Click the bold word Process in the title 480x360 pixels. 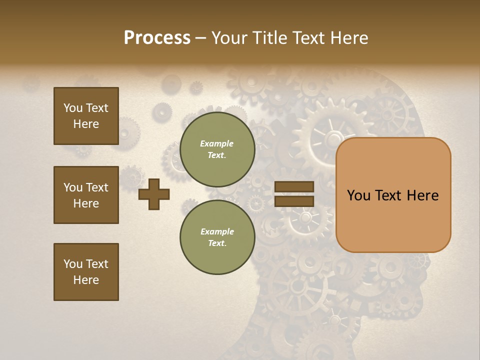tap(157, 38)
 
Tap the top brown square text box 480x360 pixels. tap(86, 116)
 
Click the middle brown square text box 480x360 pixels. tap(86, 195)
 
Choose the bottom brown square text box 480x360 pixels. tap(86, 272)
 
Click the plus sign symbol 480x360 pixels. tap(154, 194)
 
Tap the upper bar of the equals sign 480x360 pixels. tap(294, 187)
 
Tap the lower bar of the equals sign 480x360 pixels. tap(294, 201)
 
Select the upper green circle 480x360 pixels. tap(217, 149)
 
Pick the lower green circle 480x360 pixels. tap(217, 237)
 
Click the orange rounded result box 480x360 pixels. tap(393, 195)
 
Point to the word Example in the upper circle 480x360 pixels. tap(217, 143)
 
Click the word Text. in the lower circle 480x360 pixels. tap(217, 243)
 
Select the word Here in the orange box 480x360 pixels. tap(422, 195)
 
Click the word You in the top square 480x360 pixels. tap(72, 108)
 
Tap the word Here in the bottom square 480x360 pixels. tap(86, 280)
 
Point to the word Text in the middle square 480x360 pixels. tap(97, 187)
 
